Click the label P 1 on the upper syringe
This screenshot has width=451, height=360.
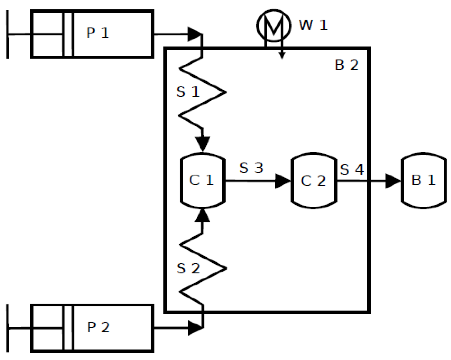98,33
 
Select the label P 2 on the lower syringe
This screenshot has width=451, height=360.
98,327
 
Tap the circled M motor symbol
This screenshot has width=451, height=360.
274,25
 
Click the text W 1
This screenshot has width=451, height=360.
313,25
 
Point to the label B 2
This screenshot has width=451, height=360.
347,65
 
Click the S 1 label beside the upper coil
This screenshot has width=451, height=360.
188,92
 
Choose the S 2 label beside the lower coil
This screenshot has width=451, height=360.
188,268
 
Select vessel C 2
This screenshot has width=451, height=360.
314,181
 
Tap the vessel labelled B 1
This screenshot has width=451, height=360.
423,180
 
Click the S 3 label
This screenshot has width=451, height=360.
251,168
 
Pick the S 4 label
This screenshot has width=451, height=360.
352,169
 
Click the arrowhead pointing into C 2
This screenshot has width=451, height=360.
282,181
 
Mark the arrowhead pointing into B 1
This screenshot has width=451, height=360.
392,181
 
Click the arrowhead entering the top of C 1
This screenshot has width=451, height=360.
203,144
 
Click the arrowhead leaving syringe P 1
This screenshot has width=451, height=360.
194,34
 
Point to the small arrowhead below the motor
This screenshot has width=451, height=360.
282,56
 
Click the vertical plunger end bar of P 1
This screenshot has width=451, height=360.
8,34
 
